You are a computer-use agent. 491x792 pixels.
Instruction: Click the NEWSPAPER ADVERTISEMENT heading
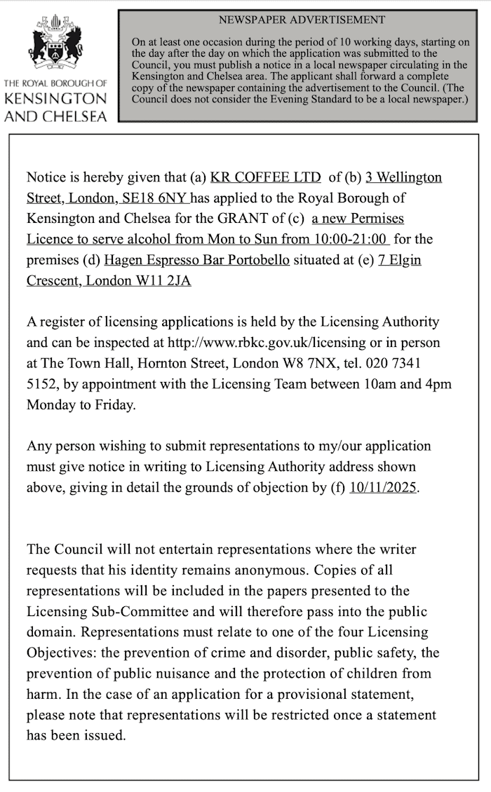click(x=302, y=20)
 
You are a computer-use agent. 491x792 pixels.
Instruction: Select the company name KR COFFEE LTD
click(x=265, y=177)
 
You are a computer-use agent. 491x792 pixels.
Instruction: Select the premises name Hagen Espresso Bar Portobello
click(x=196, y=260)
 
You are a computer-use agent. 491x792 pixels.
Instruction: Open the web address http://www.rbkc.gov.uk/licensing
click(x=266, y=343)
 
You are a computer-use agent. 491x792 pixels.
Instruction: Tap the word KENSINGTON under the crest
click(x=55, y=100)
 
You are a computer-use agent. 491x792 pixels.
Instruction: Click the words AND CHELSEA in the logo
click(x=55, y=116)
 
